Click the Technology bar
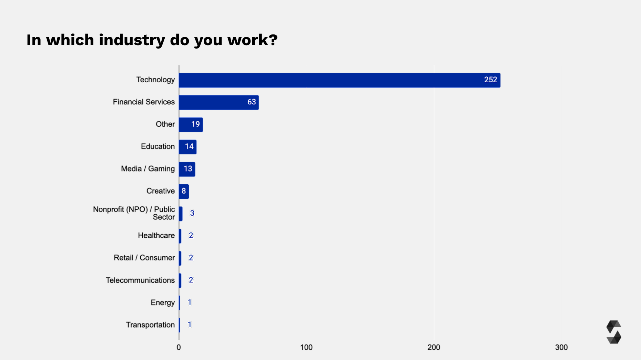(339, 80)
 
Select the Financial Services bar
(218, 102)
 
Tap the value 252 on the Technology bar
(490, 80)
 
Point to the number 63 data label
(252, 102)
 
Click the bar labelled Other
(191, 124)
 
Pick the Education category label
(158, 146)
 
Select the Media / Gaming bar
(187, 169)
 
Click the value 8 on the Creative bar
(184, 191)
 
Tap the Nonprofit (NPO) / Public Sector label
(134, 213)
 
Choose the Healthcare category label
(156, 236)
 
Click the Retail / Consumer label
(144, 258)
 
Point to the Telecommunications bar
(180, 280)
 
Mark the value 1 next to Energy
(190, 302)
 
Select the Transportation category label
(150, 325)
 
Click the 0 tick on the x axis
(179, 347)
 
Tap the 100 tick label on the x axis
(306, 347)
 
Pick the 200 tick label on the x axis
(434, 347)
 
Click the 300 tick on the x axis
(561, 347)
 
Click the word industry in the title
(132, 40)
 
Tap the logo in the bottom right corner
(613, 332)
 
